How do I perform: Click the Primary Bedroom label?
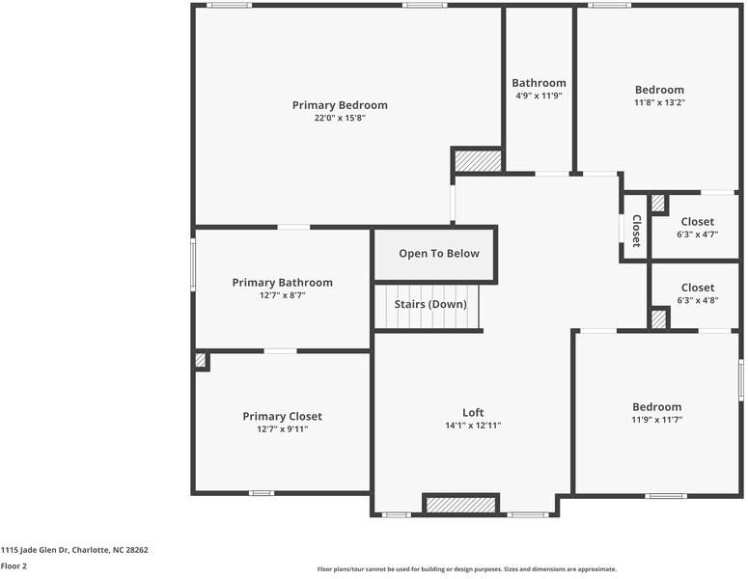pos(340,105)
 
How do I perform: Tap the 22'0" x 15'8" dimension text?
pos(340,118)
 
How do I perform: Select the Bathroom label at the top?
pos(539,83)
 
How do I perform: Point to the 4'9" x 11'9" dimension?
pos(539,96)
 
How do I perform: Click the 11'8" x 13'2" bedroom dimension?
pos(659,102)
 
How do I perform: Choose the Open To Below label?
pos(438,254)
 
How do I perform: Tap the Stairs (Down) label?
pos(429,304)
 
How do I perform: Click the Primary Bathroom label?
pos(282,283)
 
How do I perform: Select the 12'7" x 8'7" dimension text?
pos(282,295)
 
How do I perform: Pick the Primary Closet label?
pos(282,417)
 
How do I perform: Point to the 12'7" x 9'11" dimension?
pos(282,429)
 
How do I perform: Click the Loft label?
pos(473,413)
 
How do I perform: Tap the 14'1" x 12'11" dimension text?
pos(473,426)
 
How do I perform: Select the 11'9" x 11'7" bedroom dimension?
pos(656,420)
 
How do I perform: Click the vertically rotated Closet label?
pos(636,231)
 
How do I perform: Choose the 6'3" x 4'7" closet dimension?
pos(697,234)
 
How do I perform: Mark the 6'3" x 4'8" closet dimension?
pos(697,300)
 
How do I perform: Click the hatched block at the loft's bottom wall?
pos(460,505)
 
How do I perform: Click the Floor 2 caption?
pos(14,566)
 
